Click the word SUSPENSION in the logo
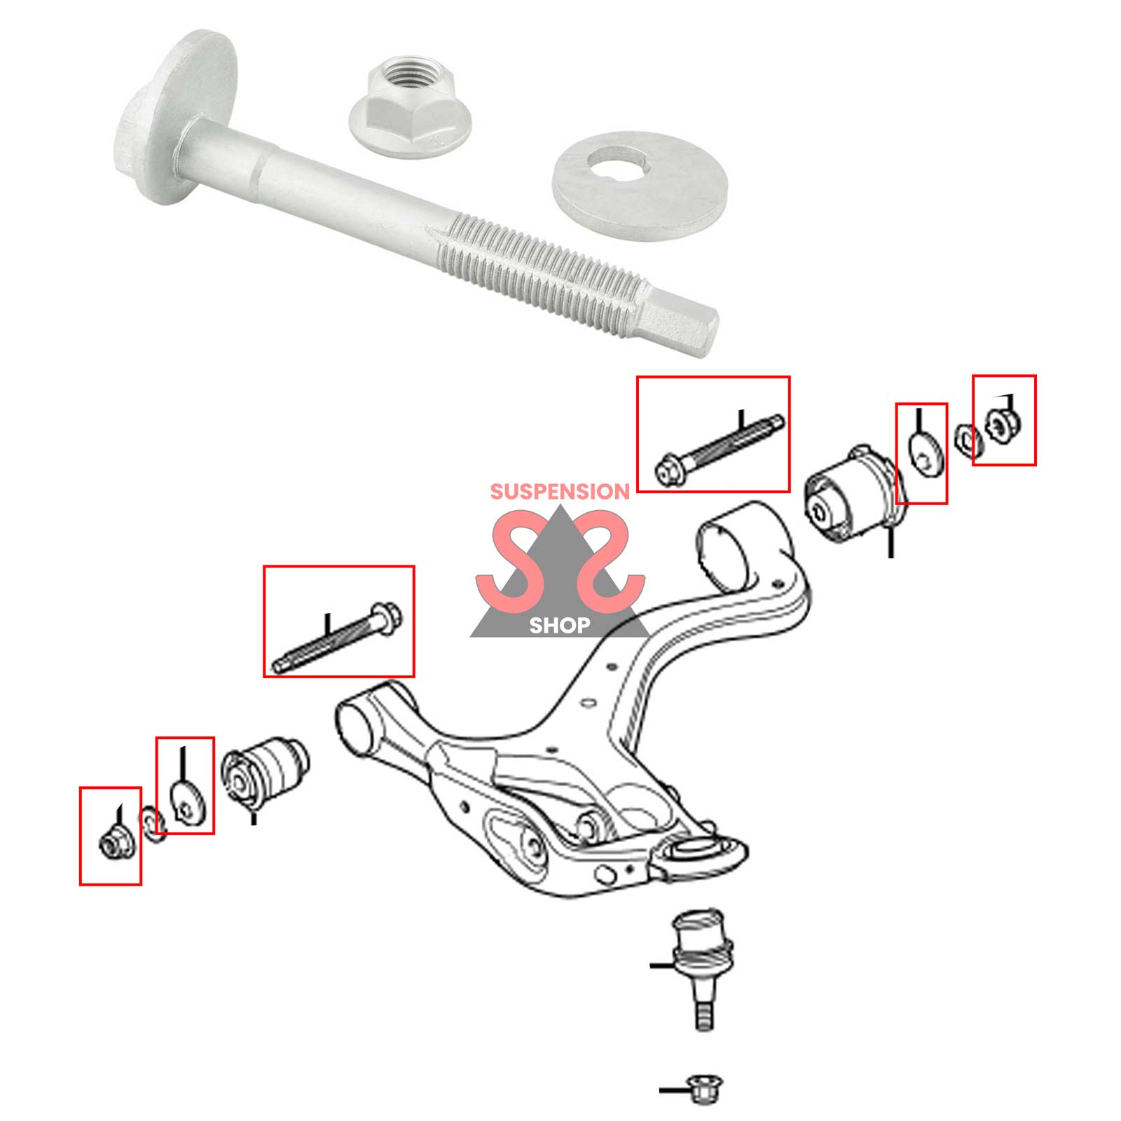pos(560,492)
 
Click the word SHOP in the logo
pos(559,625)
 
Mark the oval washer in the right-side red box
pos(926,453)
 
